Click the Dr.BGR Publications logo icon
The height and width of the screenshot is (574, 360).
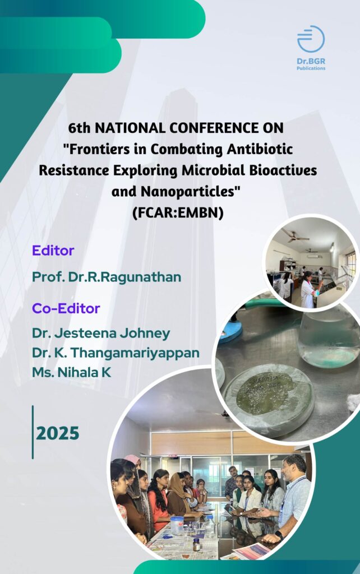pyautogui.click(x=311, y=39)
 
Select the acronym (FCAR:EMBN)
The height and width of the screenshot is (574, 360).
pyautogui.click(x=178, y=212)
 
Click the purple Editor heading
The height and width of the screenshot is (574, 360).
pyautogui.click(x=53, y=251)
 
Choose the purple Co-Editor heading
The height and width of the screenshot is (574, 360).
pyautogui.click(x=66, y=309)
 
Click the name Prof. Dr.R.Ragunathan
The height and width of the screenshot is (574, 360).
pyautogui.click(x=107, y=277)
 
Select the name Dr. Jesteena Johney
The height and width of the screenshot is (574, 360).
pyautogui.click(x=101, y=334)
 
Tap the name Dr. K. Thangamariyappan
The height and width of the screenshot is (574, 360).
pyautogui.click(x=116, y=353)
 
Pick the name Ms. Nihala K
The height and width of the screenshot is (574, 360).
pyautogui.click(x=71, y=373)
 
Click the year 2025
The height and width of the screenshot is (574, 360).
pyautogui.click(x=58, y=433)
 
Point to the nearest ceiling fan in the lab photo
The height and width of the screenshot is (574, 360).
pyautogui.click(x=296, y=237)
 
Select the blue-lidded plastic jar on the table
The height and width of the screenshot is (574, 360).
pyautogui.click(x=177, y=525)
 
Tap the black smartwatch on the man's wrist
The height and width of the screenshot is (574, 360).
pyautogui.click(x=279, y=535)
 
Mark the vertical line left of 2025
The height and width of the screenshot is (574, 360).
pyautogui.click(x=33, y=432)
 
